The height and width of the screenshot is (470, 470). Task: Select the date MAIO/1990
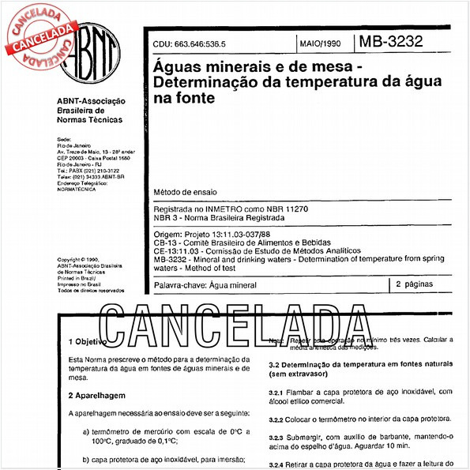click(x=321, y=44)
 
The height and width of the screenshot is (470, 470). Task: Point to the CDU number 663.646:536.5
click(x=189, y=44)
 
